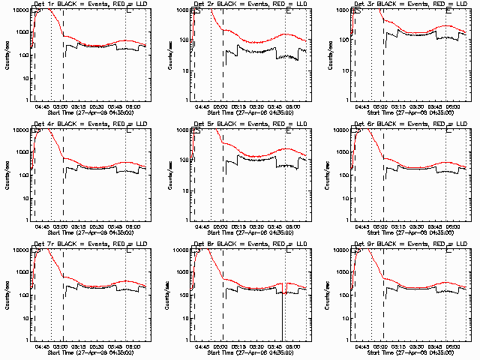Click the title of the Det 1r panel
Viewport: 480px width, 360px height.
point(89,4)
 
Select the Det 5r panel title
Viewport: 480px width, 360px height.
point(250,124)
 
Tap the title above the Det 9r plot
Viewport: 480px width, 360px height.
point(410,244)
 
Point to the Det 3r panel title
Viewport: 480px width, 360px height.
point(410,4)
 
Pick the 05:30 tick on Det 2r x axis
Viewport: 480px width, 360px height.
point(259,106)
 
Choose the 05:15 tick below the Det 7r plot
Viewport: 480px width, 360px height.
point(80,346)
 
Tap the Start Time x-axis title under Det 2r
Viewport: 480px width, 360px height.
point(250,113)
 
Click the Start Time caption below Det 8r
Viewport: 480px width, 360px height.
point(250,353)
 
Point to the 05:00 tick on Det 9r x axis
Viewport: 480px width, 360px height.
point(382,346)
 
